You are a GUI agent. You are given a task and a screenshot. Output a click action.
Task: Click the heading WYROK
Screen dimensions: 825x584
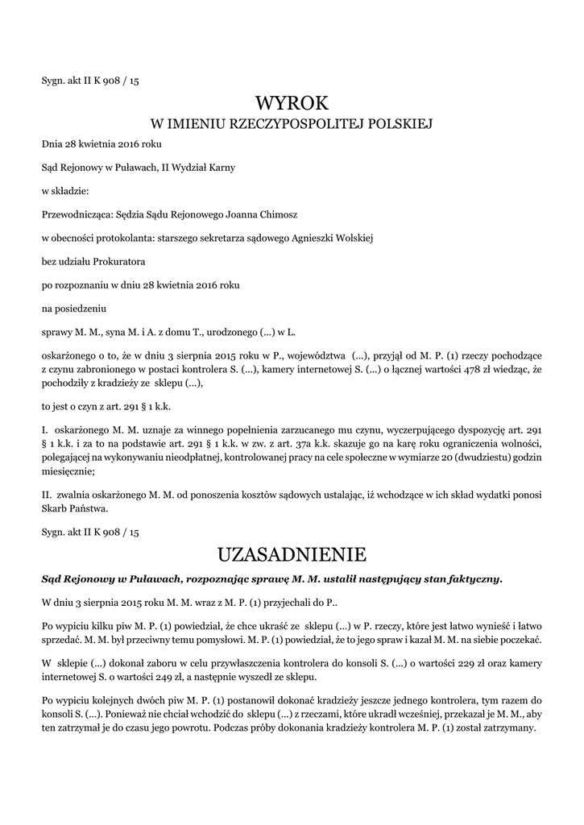tap(292, 102)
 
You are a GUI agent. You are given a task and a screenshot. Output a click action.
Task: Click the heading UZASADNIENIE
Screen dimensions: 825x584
tap(292, 554)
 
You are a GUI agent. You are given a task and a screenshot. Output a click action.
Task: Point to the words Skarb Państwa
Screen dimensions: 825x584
tap(74, 509)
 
